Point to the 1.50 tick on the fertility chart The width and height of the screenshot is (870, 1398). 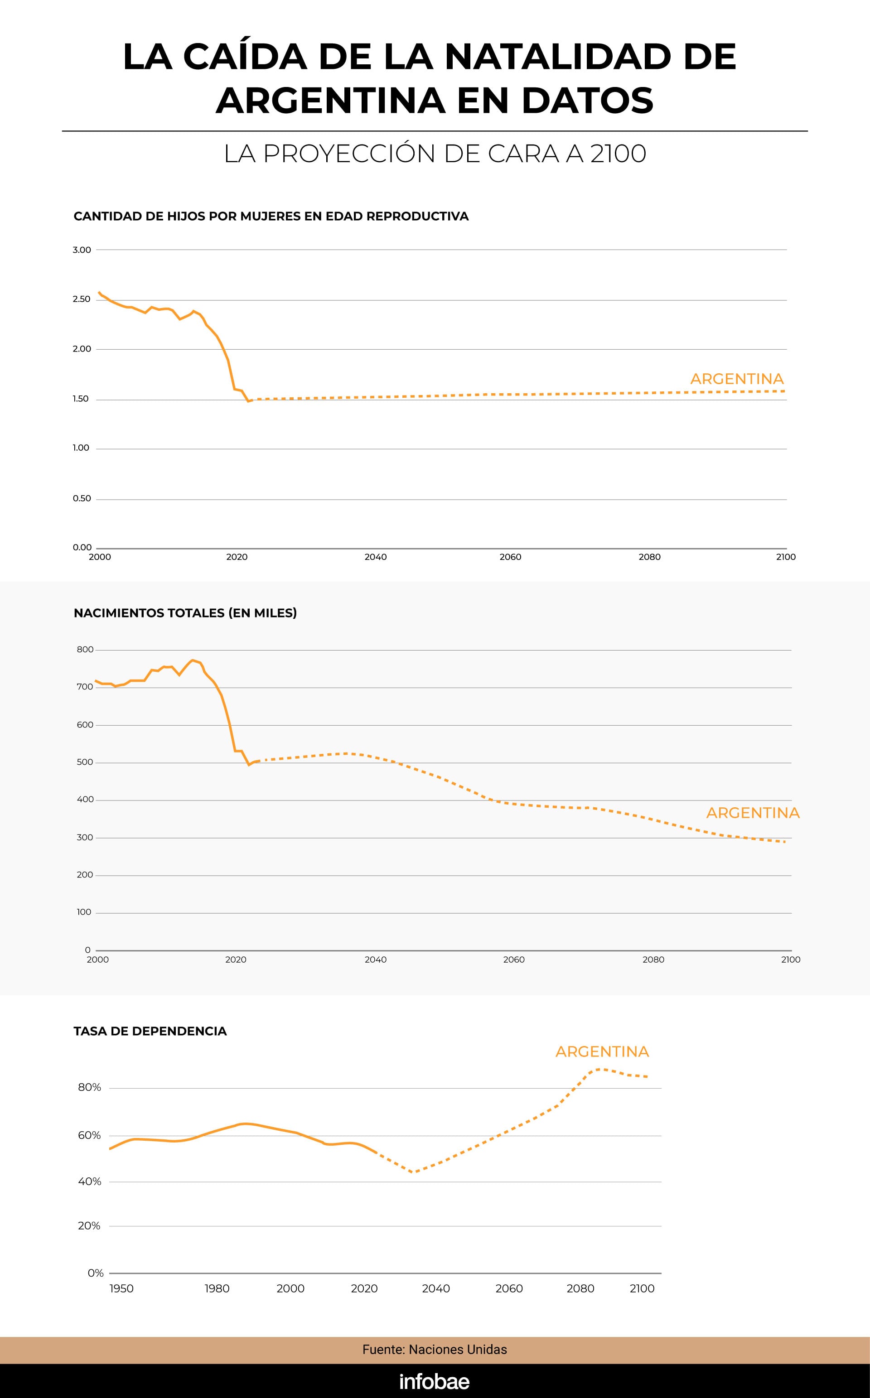(81, 399)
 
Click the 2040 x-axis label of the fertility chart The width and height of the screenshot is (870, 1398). (376, 557)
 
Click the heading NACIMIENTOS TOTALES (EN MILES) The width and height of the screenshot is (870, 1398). (185, 613)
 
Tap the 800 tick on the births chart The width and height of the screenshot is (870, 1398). (85, 650)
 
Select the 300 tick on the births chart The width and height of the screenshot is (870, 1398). (85, 837)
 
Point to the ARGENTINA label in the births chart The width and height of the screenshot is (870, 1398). (753, 813)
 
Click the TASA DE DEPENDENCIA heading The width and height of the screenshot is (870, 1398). (150, 1031)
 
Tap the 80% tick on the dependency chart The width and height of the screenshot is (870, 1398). (90, 1088)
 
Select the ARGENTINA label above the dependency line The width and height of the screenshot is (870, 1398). (602, 1052)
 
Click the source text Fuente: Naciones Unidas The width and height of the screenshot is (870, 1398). (435, 1350)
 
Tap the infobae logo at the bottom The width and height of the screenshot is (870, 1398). (435, 1382)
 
